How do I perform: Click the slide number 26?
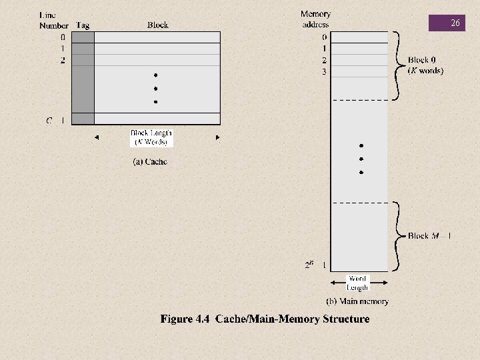[455, 23]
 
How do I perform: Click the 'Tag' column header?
[83, 25]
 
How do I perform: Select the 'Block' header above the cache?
[157, 25]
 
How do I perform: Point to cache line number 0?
[63, 37]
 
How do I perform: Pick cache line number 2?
[63, 60]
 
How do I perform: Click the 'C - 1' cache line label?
[55, 121]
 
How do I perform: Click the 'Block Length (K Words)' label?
[151, 137]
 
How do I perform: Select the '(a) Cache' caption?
[150, 161]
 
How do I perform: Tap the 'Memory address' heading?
[315, 19]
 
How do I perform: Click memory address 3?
[324, 71]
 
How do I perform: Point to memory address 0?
[324, 37]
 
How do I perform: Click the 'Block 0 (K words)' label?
[425, 65]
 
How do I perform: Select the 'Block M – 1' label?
[429, 235]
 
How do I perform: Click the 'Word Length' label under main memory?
[358, 283]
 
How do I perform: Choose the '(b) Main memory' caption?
[357, 301]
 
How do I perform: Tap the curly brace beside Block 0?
[399, 65]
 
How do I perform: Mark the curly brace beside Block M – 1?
[399, 235]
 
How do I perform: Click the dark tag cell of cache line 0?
[83, 37]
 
